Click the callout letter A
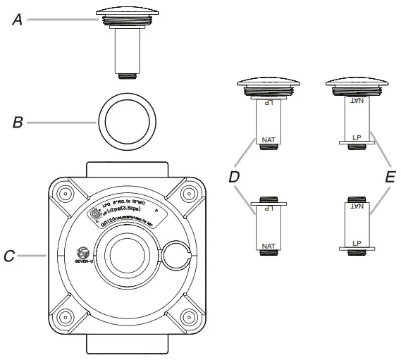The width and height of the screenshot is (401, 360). tap(17, 20)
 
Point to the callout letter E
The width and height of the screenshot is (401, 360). tap(390, 176)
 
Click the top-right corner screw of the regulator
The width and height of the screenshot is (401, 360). tap(188, 192)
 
